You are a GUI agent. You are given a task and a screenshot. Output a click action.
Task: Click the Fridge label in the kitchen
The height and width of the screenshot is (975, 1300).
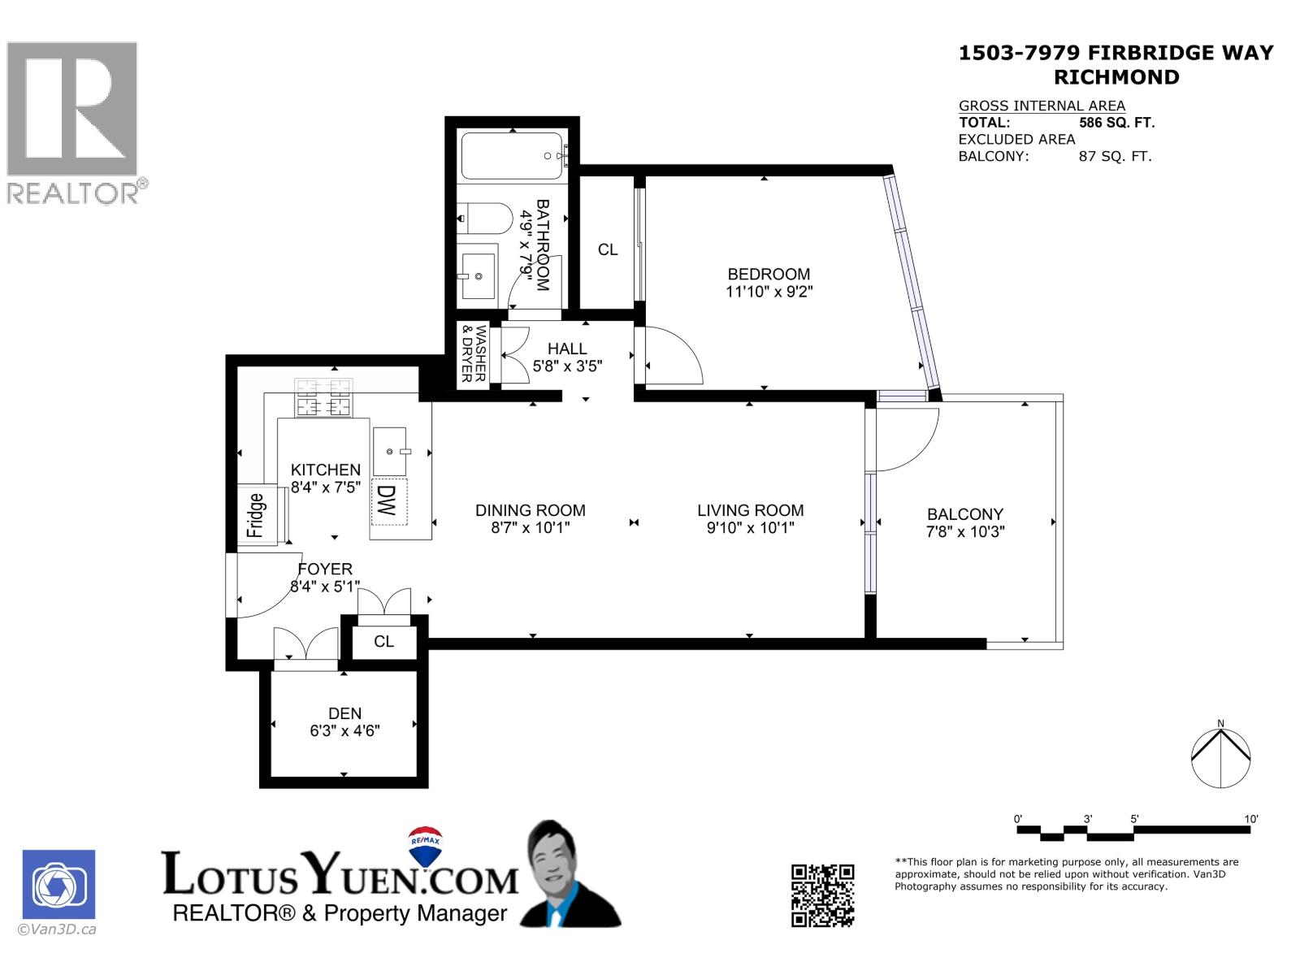pos(256,515)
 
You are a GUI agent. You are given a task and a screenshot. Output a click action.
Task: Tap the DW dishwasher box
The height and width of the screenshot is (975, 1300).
pos(388,501)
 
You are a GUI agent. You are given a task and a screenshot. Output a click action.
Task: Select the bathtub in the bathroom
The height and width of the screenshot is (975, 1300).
pos(512,156)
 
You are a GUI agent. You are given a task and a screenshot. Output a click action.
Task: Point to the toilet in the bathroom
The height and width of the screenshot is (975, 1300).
pos(486,218)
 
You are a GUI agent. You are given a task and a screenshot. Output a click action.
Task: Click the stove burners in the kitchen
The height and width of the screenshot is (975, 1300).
pos(323,398)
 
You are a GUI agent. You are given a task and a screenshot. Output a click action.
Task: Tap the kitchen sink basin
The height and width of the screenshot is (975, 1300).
pos(391,450)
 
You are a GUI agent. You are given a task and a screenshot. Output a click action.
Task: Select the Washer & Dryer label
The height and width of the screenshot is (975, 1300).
pos(473,354)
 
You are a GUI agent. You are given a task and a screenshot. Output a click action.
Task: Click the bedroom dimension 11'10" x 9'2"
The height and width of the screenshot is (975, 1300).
pos(769,292)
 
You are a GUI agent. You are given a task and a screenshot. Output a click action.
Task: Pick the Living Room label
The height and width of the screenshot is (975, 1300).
pos(750,510)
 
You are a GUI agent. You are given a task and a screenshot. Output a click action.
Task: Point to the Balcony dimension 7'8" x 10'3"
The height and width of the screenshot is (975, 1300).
pos(965,532)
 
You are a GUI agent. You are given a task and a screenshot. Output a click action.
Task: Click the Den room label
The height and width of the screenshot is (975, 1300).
pos(344,713)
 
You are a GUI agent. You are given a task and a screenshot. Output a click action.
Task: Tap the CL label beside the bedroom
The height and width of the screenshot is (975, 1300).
pos(608,249)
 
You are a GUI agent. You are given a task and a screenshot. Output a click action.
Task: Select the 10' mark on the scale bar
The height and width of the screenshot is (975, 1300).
pos(1250,819)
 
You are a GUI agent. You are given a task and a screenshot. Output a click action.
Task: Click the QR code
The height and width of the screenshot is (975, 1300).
pos(822,895)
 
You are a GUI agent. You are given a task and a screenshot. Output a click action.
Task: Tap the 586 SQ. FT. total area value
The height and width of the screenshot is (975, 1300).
pos(1116,123)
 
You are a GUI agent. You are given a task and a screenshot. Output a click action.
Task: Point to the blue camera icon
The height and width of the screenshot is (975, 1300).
pos(58,884)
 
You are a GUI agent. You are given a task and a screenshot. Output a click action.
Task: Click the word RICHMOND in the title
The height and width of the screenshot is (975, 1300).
pos(1116,77)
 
